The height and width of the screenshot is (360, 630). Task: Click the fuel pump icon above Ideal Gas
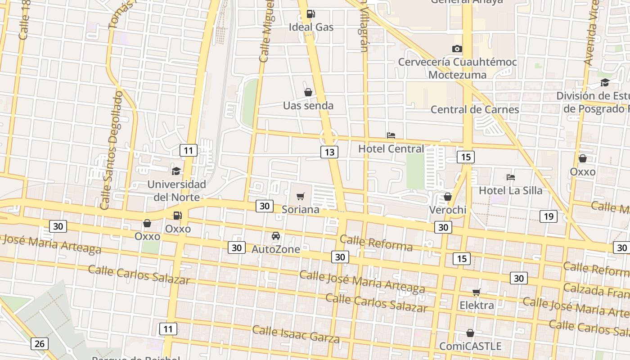coord(310,14)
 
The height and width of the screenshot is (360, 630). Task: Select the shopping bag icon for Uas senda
coord(308,92)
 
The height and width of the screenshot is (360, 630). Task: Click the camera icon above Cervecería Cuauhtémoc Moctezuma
coord(457,49)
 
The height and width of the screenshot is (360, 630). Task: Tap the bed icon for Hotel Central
coord(391,135)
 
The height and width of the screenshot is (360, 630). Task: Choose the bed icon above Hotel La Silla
coord(510,177)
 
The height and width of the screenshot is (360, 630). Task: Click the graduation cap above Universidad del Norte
coord(176,171)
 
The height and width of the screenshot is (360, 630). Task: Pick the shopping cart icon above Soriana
coord(301,196)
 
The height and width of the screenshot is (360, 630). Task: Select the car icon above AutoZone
coord(276,236)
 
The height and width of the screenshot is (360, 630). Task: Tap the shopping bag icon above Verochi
coord(448,197)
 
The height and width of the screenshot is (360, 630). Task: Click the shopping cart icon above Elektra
coord(477,292)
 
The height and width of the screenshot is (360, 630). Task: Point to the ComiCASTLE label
coord(470,346)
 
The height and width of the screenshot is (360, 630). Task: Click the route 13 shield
coord(329,152)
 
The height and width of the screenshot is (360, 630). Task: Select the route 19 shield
coord(549,216)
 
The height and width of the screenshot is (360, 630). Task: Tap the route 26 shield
coord(40,344)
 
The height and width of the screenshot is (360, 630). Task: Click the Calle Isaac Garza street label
coord(296,333)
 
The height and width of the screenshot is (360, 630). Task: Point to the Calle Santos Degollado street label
coord(112,151)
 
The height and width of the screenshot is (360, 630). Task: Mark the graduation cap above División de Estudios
coord(605,82)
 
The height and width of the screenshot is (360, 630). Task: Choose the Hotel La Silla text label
coord(510,190)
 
